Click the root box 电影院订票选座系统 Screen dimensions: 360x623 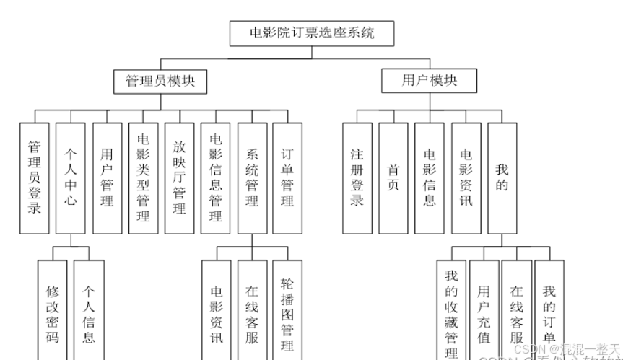pos(311,33)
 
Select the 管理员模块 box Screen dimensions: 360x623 pos(160,81)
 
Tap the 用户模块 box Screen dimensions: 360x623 pos(429,81)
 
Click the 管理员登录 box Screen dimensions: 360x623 pos(34,177)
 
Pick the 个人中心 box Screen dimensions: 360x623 pos(71,177)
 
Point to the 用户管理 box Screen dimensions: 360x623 pos(107,177)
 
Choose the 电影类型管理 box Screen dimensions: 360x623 pos(143,177)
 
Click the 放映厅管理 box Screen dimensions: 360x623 pos(179,177)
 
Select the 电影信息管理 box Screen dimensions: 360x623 pos(215,177)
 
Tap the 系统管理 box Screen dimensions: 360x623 pos(252,177)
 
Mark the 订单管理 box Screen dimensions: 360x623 pos(287,177)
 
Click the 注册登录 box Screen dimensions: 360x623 pos(357,177)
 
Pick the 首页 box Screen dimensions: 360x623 pos(393,177)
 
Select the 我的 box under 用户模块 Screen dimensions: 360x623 pos(502,177)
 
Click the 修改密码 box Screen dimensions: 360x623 pos(53,310)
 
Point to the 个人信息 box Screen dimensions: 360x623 pos(88,310)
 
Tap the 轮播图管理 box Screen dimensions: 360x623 pos(287,310)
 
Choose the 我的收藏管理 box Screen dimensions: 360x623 pos(451,310)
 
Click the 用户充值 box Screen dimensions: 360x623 pos(484,310)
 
